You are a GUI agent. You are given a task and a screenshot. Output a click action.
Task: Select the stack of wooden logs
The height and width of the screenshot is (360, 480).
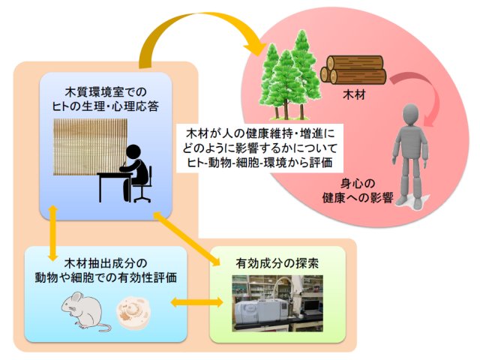tap(353, 70)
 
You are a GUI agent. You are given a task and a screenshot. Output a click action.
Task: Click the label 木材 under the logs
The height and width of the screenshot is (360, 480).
tap(354, 94)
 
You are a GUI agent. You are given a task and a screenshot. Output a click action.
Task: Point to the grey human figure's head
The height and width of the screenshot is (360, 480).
tap(411, 115)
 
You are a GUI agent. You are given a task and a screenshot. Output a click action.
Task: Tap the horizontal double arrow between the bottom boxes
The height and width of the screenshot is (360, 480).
tap(196, 302)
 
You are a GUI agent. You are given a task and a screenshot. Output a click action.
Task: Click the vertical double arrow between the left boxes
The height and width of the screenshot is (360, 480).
tap(53, 233)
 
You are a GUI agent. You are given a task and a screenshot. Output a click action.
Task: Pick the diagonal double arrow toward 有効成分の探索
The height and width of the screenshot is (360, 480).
tap(187, 238)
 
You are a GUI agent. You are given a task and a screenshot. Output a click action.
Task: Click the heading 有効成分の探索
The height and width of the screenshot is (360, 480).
tap(277, 263)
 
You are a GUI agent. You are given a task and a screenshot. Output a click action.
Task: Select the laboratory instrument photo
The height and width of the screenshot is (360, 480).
tap(277, 303)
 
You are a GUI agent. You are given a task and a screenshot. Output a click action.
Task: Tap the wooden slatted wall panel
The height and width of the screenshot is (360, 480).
tap(90, 147)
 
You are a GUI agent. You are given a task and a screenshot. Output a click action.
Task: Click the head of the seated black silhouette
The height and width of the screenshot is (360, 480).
tap(133, 152)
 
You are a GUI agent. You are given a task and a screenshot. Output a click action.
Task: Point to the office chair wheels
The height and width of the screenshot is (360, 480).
tap(142, 199)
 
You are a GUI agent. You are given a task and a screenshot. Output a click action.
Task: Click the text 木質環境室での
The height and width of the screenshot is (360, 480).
tap(106, 91)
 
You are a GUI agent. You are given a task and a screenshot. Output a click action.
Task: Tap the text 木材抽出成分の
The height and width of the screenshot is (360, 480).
tap(106, 263)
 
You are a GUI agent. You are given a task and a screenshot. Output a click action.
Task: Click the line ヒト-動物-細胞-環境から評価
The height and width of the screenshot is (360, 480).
tap(259, 163)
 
